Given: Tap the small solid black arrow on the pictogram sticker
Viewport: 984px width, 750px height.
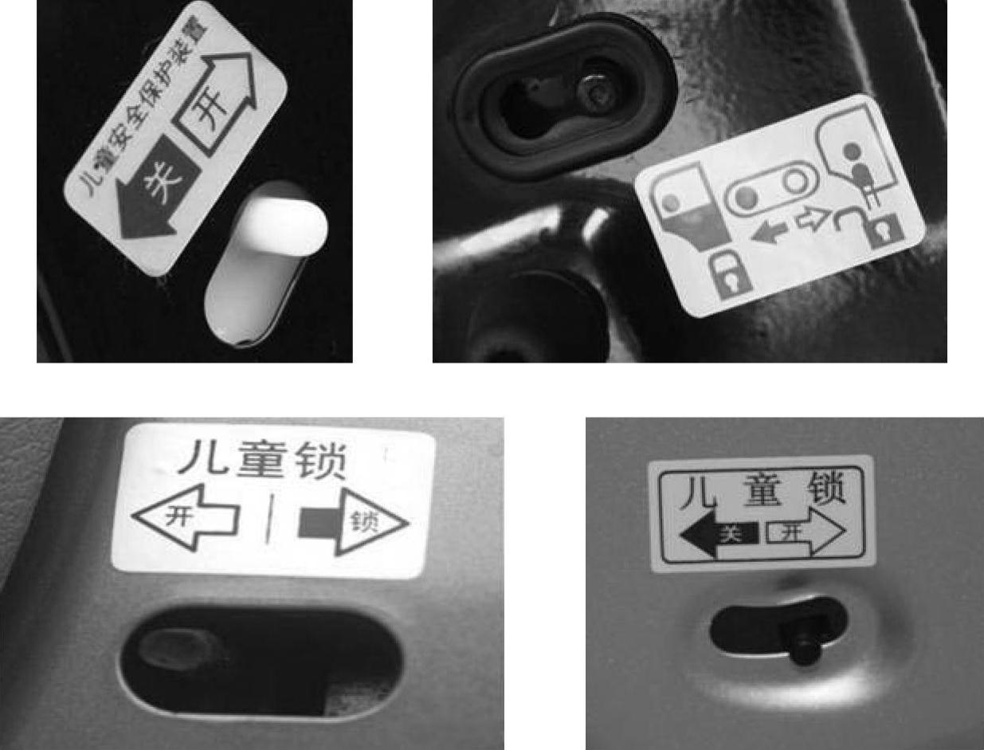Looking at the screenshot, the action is (x=769, y=232).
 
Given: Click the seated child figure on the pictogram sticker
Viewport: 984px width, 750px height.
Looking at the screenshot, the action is (x=860, y=175).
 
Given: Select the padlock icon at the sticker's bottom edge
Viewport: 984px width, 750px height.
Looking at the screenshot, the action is (x=730, y=274).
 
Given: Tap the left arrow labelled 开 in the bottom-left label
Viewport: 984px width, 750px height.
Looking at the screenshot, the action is (x=186, y=518).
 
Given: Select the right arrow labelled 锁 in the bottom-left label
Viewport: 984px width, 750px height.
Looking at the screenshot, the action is (x=353, y=523).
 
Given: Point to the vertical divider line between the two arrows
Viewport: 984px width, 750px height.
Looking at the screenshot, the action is (x=269, y=519).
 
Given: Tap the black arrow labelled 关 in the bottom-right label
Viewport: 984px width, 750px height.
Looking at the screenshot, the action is (x=719, y=535).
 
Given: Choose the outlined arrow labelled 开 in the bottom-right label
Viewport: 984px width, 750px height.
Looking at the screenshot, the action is (x=806, y=533).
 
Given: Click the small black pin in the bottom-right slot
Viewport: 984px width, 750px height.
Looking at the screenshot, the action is (x=806, y=640).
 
